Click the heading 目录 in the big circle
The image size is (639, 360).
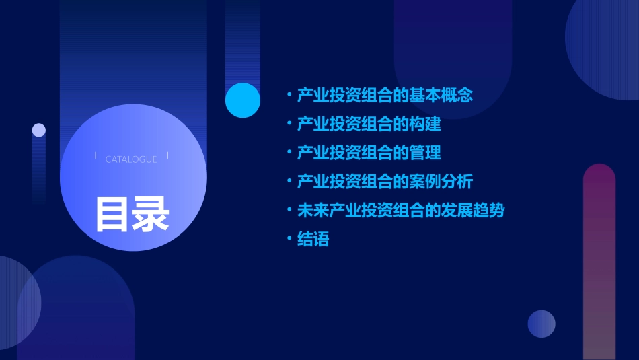132,213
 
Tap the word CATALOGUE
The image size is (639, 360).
131,159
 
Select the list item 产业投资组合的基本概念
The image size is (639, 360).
385,95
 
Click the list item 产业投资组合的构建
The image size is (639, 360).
369,124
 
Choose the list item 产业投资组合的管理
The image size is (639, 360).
369,153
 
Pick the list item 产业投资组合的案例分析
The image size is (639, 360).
385,182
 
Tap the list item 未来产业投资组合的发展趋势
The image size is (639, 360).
401,211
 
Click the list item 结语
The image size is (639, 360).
313,240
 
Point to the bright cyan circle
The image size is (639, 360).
243,100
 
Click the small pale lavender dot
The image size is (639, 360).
39,130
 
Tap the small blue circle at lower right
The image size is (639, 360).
541,324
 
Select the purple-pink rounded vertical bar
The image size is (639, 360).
599,262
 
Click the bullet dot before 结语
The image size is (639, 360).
289,239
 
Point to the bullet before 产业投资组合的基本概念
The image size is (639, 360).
289,94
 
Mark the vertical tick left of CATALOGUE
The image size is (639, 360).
96,156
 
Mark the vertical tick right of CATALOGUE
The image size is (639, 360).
167,156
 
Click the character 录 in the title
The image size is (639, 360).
151,213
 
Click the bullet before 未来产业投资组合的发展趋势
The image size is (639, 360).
289,210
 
